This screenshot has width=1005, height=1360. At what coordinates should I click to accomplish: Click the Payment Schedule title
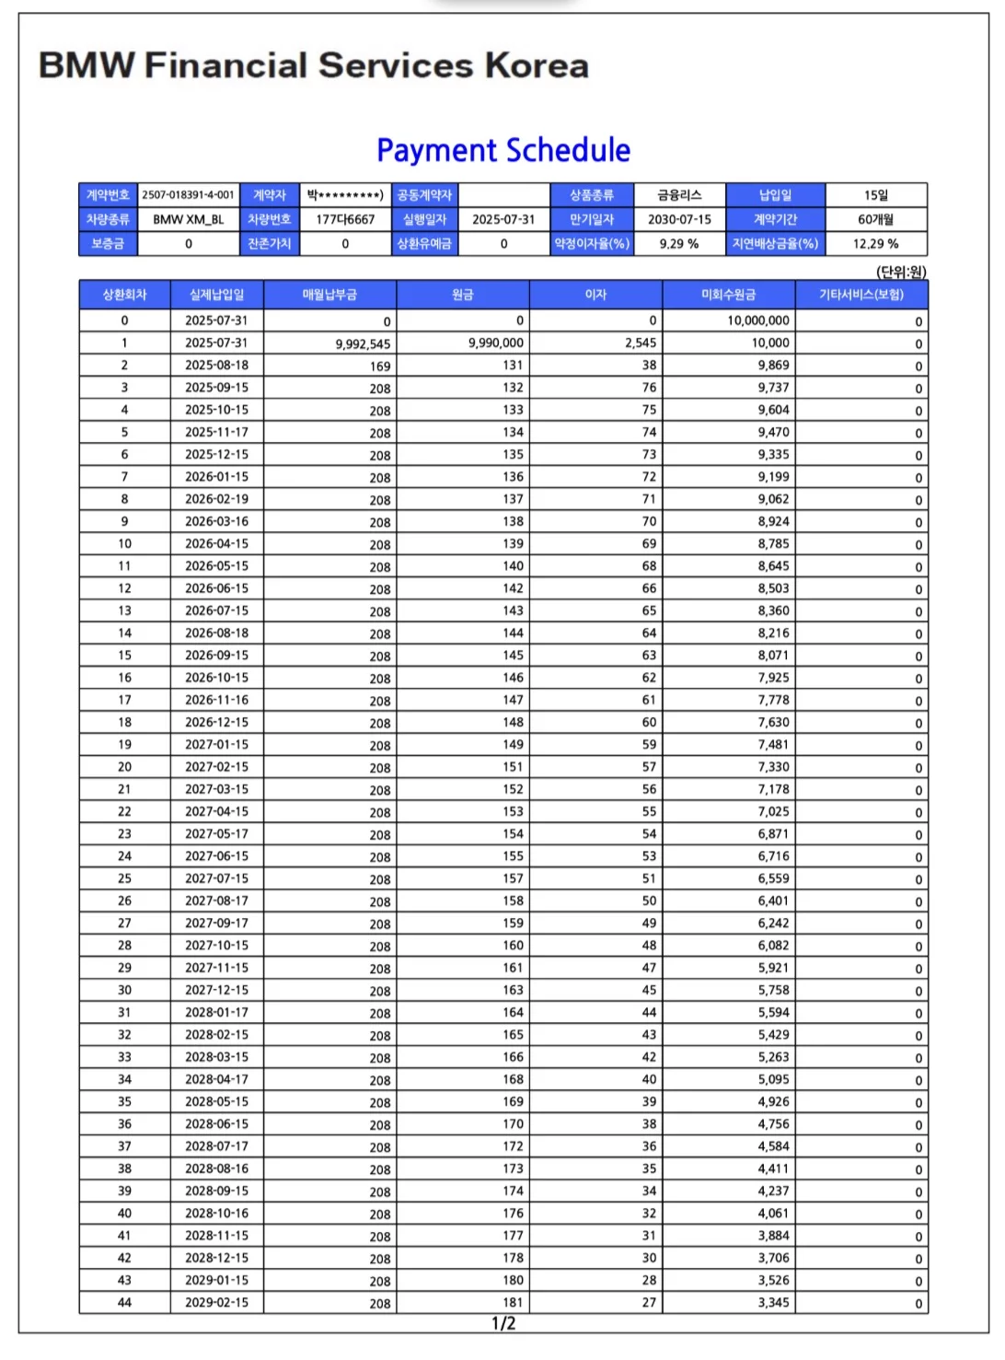tap(503, 150)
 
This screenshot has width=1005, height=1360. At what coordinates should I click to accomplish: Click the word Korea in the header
tap(537, 65)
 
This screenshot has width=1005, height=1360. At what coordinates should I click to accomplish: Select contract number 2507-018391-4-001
tap(188, 195)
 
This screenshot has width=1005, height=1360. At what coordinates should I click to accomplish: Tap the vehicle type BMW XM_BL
tap(188, 219)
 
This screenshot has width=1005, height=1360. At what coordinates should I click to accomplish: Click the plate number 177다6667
tap(345, 219)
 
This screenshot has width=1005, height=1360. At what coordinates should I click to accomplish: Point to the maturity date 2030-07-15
tap(679, 219)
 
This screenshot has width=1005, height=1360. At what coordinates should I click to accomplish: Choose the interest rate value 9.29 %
tap(679, 244)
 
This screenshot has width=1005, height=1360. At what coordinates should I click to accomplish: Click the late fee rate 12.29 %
tap(875, 244)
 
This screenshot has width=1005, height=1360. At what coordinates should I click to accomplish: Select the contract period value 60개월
tap(875, 219)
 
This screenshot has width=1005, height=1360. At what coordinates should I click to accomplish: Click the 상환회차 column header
tap(124, 295)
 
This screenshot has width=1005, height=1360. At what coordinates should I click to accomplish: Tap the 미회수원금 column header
tap(728, 295)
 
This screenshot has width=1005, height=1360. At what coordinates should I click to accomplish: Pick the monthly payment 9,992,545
tap(363, 344)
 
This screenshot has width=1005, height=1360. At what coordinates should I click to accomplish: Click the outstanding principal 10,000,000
tap(757, 320)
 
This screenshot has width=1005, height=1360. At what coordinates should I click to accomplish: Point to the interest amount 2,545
tap(641, 343)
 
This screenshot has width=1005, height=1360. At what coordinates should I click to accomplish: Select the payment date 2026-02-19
tap(216, 499)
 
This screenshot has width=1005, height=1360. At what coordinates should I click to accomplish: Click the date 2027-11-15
tap(216, 968)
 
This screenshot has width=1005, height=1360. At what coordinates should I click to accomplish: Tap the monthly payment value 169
tap(380, 366)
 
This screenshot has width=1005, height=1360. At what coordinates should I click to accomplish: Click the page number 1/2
tap(503, 1324)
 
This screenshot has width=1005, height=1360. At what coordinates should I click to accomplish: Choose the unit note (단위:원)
tap(901, 272)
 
